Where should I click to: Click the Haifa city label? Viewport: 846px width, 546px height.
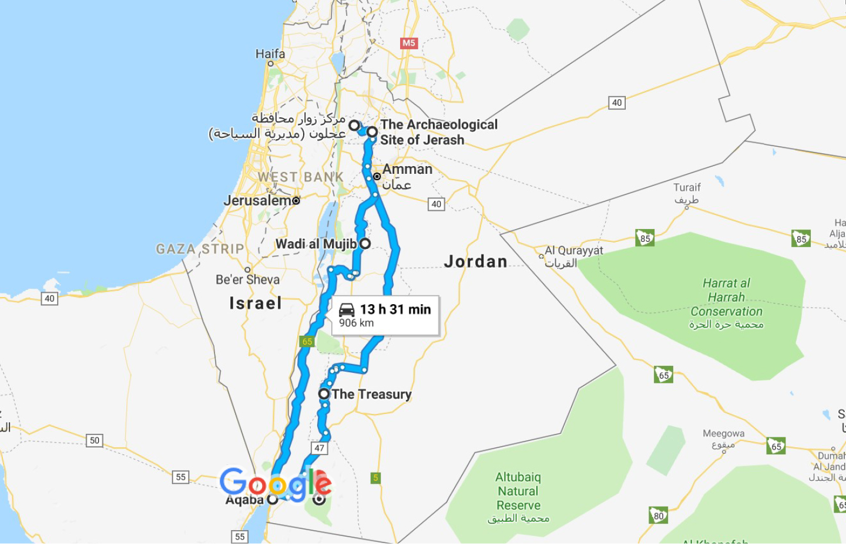coord(270,54)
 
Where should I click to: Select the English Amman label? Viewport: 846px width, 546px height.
coord(407,169)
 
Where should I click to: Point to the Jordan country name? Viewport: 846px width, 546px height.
coord(476,261)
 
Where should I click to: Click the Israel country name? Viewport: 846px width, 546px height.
coord(256,303)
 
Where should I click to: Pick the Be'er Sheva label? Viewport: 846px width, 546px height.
coord(247,279)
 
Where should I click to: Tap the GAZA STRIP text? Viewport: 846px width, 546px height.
coord(200,249)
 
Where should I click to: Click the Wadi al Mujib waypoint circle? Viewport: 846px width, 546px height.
coord(365,244)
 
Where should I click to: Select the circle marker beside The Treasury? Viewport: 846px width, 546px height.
coord(324,394)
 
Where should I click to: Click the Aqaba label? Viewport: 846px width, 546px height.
coord(245,500)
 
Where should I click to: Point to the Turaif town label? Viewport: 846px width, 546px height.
coord(687,188)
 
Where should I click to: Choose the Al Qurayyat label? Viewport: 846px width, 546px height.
coord(574,251)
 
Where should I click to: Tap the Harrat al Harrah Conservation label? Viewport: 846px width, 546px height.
coord(726,298)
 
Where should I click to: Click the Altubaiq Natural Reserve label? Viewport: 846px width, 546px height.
coord(518,491)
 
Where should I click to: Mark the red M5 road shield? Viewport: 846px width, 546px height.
coord(408,43)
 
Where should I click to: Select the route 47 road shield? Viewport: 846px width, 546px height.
coord(319,448)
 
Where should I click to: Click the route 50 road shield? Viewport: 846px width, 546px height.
coord(95,440)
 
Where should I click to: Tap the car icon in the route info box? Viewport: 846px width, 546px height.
coord(347,309)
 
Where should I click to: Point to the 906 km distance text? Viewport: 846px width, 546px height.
coord(356,323)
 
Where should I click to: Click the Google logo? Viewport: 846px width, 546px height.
coord(276,483)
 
